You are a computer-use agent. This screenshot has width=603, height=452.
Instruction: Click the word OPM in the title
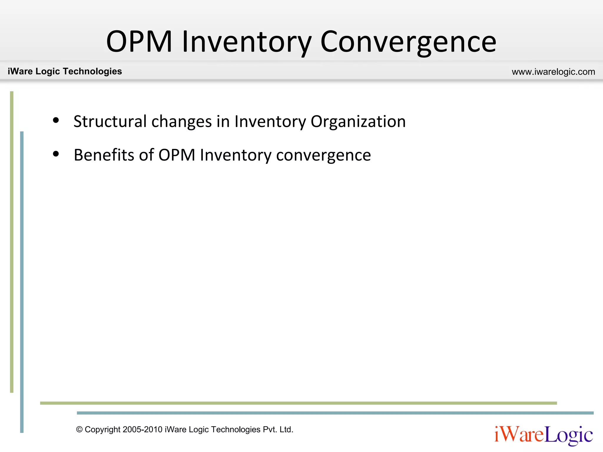[x=139, y=42]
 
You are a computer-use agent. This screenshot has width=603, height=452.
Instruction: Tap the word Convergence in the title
[x=408, y=42]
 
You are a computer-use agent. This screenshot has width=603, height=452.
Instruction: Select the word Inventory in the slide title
[x=246, y=42]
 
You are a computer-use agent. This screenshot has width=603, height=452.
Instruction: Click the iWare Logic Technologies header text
[x=65, y=71]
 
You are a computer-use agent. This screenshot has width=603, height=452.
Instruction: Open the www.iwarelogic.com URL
[x=553, y=72]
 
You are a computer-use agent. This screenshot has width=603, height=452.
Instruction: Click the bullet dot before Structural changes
[x=56, y=120]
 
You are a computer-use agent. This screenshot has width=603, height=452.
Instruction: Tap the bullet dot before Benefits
[x=56, y=154]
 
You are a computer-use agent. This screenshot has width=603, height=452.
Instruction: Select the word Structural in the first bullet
[x=110, y=121]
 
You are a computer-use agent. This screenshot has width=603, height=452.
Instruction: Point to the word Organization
[x=358, y=121]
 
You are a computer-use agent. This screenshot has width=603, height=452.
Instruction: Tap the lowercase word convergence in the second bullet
[x=323, y=155]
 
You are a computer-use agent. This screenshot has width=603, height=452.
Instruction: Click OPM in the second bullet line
[x=177, y=155]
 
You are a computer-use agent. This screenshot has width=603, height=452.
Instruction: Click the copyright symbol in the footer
[x=79, y=430]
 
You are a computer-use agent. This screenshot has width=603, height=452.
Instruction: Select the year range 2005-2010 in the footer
[x=143, y=430]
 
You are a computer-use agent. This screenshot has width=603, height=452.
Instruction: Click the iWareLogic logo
[x=544, y=435]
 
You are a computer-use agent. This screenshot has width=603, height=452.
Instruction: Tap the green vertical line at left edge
[x=12, y=241]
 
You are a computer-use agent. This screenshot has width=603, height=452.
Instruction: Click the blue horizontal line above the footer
[x=335, y=413]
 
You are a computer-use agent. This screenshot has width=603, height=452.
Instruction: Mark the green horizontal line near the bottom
[x=298, y=403]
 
